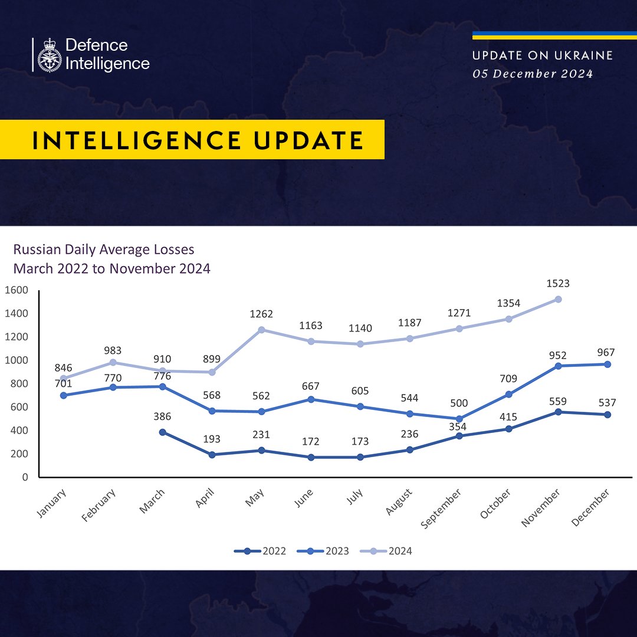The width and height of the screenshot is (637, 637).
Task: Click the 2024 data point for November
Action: [558, 299]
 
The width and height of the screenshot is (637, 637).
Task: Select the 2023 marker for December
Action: [608, 365]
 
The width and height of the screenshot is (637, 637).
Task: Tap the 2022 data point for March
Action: [162, 432]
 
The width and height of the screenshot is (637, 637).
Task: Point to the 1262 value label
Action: [261, 314]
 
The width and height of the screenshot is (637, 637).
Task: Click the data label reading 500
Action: [459, 403]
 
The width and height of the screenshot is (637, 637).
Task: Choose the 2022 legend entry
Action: [260, 551]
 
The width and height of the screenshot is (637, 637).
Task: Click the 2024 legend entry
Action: [386, 551]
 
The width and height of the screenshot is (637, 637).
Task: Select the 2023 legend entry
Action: [323, 551]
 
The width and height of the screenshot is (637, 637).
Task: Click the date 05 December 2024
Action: [533, 74]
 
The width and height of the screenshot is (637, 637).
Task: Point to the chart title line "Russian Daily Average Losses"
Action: [104, 250]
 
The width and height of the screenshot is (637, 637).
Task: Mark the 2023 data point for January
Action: [63, 395]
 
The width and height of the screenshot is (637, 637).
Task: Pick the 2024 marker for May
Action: [261, 330]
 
